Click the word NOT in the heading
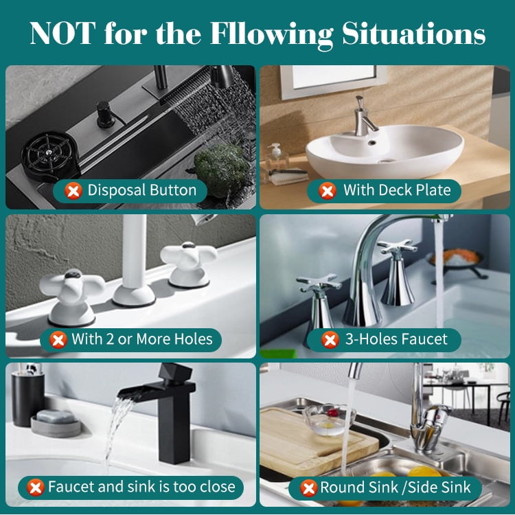point(62,33)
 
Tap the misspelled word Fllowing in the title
point(271,34)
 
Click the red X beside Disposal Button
point(73,191)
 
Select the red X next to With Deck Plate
point(328,191)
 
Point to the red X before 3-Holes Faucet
point(330,339)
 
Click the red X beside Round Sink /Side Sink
point(309,488)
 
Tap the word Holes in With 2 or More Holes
point(193,339)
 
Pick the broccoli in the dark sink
point(222,168)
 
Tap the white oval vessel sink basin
point(385,152)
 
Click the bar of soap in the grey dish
point(56,417)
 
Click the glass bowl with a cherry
point(328,419)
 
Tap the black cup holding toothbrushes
point(27,398)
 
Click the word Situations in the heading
point(414,34)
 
